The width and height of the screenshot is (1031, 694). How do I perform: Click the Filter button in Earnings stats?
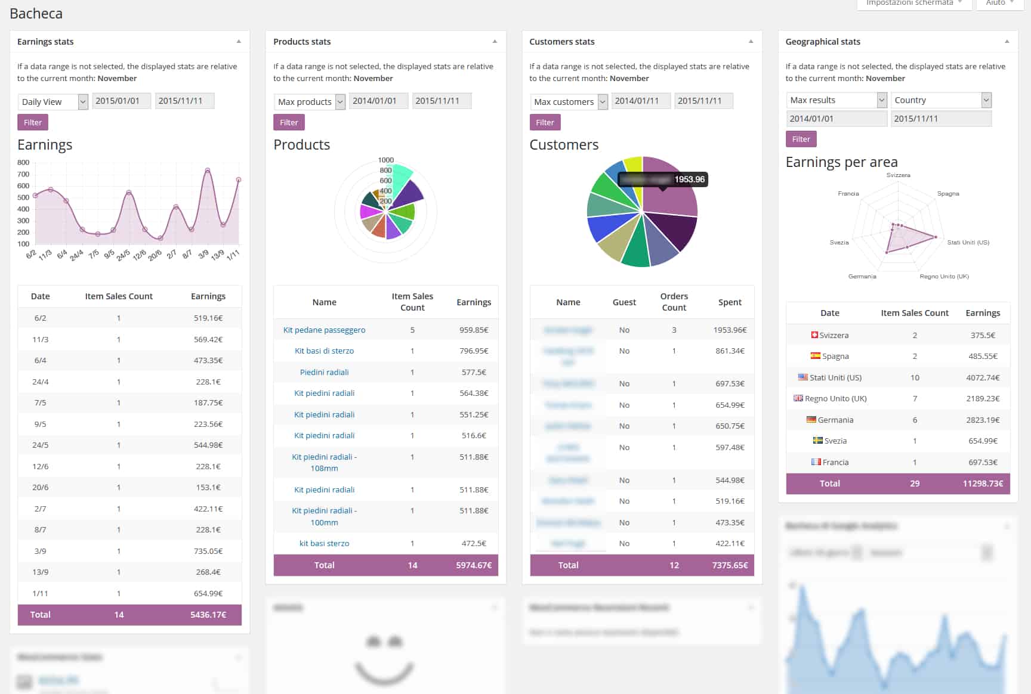[33, 122]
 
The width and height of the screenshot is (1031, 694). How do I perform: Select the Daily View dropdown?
[53, 102]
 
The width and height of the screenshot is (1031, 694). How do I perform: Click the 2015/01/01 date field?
[121, 101]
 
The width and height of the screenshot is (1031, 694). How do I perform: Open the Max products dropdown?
[309, 102]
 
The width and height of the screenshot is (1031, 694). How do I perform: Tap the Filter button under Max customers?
[545, 122]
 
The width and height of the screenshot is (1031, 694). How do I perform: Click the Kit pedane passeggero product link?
[324, 330]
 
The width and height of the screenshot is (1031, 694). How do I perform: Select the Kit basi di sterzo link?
[324, 351]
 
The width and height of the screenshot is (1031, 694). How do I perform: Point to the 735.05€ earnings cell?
[208, 551]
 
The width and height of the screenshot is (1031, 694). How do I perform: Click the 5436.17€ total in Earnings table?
[208, 615]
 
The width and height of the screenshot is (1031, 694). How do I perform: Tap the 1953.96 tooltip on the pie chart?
[689, 179]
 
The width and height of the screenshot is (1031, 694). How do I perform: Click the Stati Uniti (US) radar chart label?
[968, 243]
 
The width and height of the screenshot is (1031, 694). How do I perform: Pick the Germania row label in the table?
[835, 420]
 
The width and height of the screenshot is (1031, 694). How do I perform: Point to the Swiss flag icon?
[814, 335]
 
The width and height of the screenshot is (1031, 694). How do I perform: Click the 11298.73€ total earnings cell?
[982, 484]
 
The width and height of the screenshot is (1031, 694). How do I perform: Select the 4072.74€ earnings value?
[982, 377]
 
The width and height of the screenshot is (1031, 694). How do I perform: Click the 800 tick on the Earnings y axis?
[23, 162]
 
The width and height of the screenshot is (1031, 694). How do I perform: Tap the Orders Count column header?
[674, 302]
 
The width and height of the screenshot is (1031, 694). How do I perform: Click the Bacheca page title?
[36, 14]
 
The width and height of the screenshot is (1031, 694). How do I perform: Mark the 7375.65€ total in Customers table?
[729, 565]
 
